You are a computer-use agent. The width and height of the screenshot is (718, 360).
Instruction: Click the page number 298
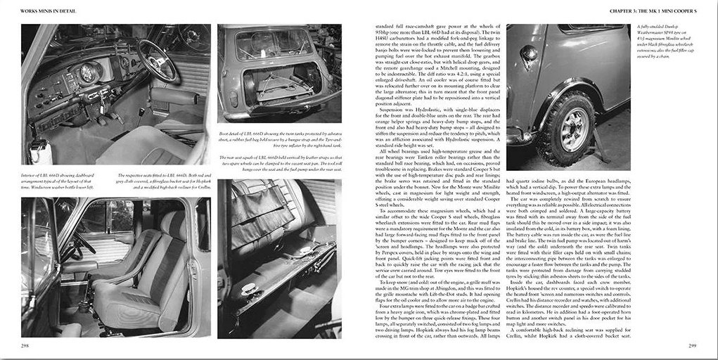26,345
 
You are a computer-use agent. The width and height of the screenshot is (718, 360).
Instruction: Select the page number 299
692,345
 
